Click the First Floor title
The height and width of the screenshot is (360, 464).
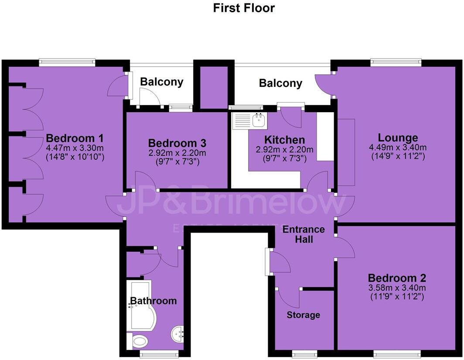[244, 8]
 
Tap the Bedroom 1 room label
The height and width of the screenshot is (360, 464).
[75, 139]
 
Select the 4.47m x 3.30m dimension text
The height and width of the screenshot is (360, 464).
[75, 148]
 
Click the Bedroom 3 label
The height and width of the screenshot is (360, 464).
[177, 143]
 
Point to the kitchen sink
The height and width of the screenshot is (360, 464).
[259, 120]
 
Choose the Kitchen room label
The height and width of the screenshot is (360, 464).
[284, 140]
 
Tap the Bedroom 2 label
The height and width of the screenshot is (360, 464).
[397, 278]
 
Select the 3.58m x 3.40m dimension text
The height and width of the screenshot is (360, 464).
[397, 288]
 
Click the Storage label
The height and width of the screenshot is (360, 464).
[304, 315]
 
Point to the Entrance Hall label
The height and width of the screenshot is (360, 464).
[304, 234]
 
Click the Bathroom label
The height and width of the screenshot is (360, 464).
[154, 301]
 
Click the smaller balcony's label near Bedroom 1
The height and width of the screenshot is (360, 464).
[161, 82]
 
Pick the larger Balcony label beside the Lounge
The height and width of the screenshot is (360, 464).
[280, 83]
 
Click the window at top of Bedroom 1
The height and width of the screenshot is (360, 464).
[67, 63]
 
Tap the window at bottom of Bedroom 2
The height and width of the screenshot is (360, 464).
[397, 353]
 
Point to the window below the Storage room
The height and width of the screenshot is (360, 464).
[304, 353]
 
